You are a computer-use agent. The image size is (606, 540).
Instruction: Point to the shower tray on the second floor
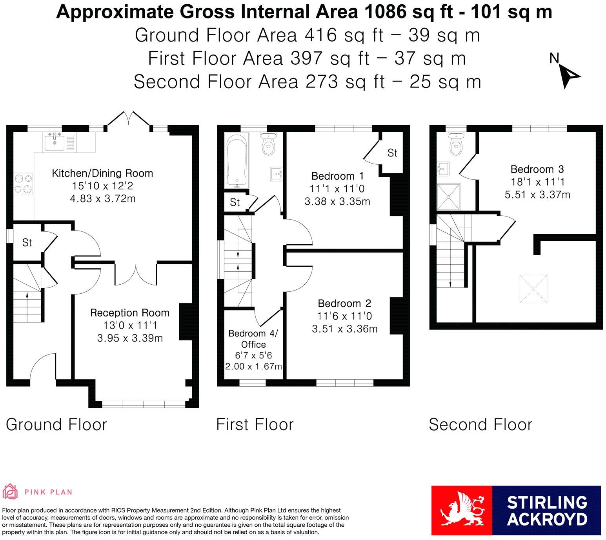[448, 197]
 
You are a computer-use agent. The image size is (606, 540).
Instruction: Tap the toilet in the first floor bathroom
[268, 144]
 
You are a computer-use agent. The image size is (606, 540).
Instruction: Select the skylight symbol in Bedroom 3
[533, 289]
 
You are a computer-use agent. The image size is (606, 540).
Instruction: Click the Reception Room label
[130, 313]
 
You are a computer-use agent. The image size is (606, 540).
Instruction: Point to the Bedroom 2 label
[344, 304]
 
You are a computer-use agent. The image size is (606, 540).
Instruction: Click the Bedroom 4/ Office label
[253, 339]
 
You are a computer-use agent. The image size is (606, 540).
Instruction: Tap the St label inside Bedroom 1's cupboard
[392, 153]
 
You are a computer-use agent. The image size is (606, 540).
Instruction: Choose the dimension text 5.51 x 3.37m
[537, 195]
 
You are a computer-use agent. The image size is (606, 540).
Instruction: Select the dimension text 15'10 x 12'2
[102, 185]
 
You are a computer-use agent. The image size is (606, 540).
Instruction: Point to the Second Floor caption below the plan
[480, 425]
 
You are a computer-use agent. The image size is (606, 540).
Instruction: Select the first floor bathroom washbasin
[277, 174]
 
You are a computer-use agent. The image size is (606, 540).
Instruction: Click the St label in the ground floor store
[27, 242]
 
